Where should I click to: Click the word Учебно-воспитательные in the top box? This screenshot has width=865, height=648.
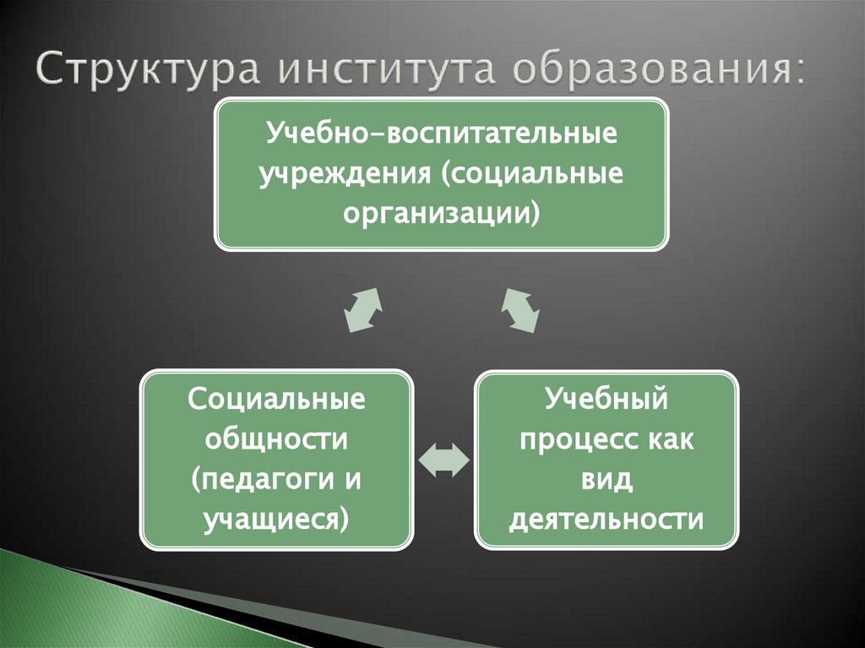[441, 133]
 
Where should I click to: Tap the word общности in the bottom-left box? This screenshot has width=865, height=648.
[277, 438]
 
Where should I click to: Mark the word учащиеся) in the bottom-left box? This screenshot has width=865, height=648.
[277, 518]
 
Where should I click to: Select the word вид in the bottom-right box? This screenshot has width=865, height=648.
[607, 478]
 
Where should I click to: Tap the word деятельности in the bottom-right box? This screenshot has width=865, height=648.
[607, 518]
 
